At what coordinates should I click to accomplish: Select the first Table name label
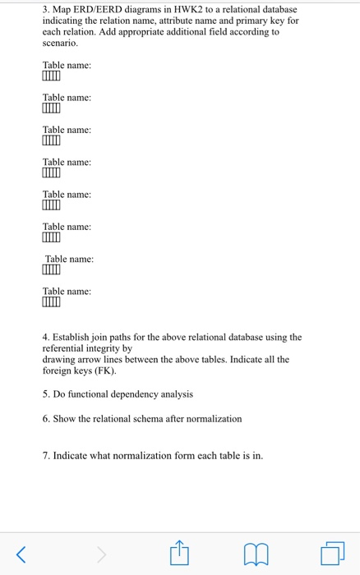tap(67, 65)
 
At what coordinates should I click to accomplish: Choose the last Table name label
tap(67, 291)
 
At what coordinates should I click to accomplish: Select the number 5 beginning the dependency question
tap(45, 394)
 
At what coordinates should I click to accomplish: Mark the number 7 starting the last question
tap(45, 455)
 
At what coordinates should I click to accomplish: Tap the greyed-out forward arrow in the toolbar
tap(102, 554)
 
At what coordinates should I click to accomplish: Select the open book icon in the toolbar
tap(256, 555)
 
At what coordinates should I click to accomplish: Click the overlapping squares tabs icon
tap(332, 554)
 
